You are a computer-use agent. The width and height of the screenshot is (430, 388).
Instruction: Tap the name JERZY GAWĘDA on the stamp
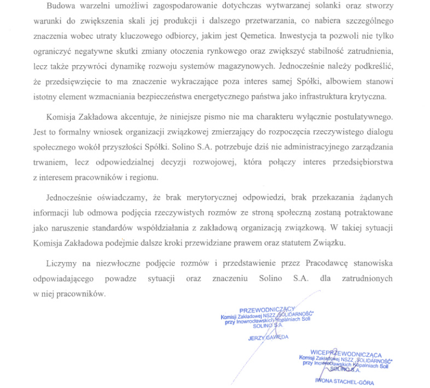[x=268, y=337]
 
